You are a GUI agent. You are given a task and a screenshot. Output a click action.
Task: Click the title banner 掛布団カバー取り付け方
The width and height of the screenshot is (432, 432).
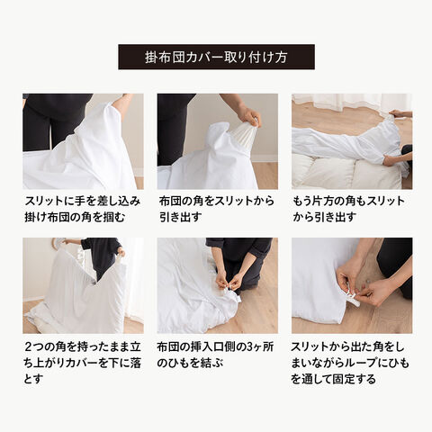click(216, 57)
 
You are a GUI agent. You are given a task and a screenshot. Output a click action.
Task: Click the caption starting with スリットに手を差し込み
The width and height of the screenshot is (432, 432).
click(83, 209)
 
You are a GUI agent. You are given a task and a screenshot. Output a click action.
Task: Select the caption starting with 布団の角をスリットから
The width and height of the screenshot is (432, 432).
click(217, 209)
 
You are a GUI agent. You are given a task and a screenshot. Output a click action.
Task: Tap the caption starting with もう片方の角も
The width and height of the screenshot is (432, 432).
click(348, 209)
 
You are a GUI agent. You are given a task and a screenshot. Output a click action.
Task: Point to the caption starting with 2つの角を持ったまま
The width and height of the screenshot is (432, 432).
click(83, 364)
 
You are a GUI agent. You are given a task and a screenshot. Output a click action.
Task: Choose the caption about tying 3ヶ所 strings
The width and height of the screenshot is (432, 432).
click(215, 355)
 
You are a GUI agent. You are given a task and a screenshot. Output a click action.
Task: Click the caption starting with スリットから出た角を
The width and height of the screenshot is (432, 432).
click(350, 364)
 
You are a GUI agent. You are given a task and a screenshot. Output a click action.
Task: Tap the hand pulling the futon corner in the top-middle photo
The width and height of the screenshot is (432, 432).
click(250, 117)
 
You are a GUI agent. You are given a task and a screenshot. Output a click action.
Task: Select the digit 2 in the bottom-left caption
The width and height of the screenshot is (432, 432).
click(28, 347)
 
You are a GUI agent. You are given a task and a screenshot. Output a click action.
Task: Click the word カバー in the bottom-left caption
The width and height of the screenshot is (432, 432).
click(84, 364)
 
